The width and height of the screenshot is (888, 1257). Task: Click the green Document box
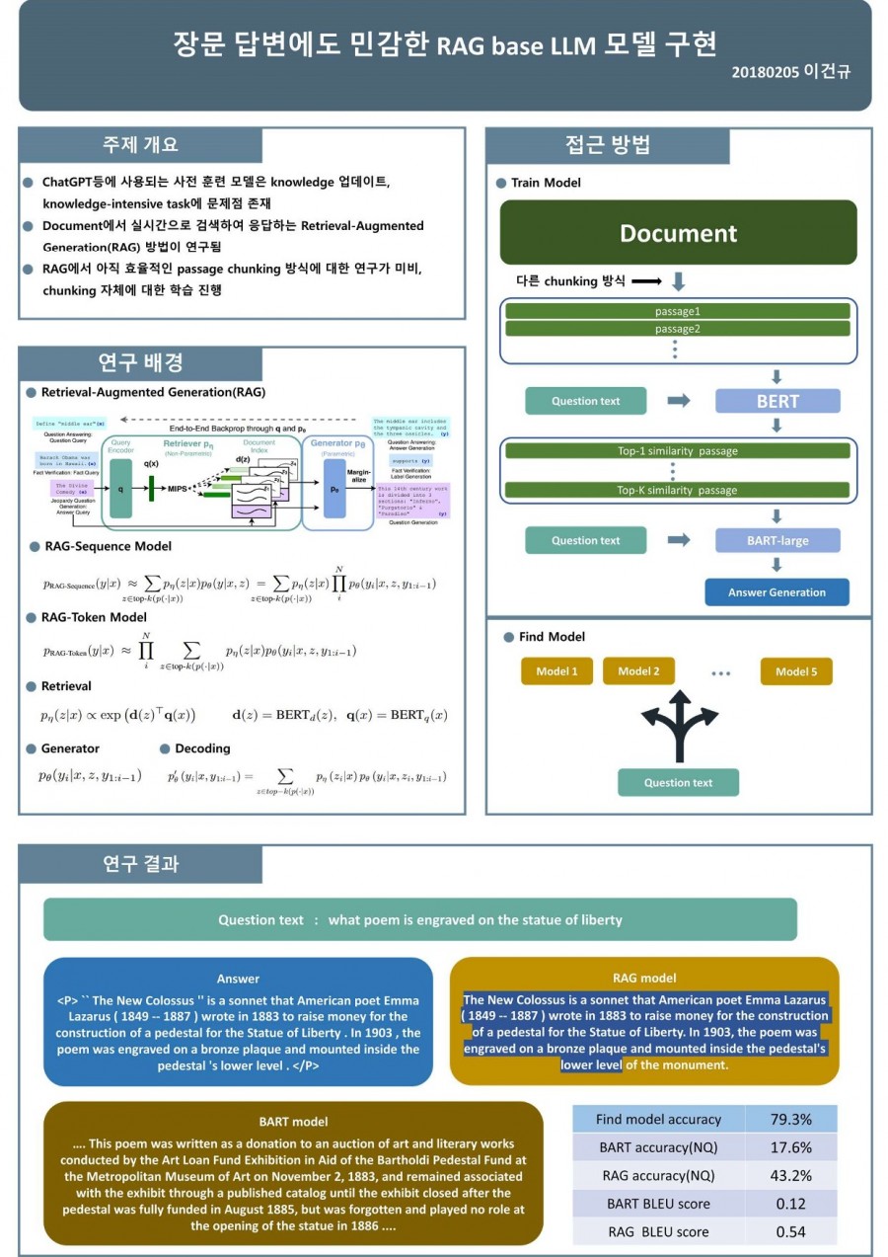point(678,233)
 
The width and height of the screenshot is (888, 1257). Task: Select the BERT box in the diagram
point(777,401)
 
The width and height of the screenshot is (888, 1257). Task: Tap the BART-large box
point(777,540)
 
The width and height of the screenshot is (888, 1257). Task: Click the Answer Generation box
point(777,592)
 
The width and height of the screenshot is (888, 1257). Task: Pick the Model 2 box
point(638,671)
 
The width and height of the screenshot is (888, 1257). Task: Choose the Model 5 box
point(795,671)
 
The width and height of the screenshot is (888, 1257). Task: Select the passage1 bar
point(678,311)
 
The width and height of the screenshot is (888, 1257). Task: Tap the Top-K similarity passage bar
point(678,490)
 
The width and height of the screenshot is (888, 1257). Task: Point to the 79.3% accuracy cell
point(790,1120)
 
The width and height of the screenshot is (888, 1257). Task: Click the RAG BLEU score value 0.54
point(790,1231)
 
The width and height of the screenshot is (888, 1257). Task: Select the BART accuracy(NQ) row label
point(658,1147)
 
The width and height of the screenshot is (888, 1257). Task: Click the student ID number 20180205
point(766,72)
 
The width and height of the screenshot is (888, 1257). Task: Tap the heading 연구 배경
point(141,363)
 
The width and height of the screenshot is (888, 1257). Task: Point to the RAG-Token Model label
point(94,617)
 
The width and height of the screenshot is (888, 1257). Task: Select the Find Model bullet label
point(552,637)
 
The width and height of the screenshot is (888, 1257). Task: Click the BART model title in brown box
point(293,1122)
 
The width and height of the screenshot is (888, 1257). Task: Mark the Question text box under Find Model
point(678,783)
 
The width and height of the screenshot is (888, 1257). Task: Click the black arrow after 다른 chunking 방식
point(645,281)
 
